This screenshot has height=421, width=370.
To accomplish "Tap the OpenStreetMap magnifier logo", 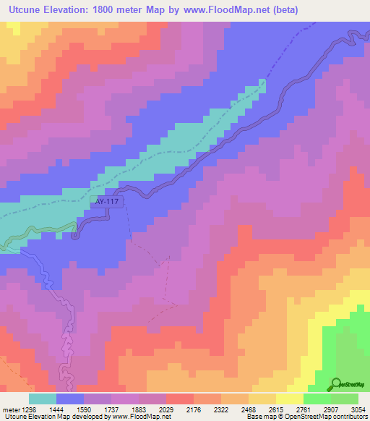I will [337, 385].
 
